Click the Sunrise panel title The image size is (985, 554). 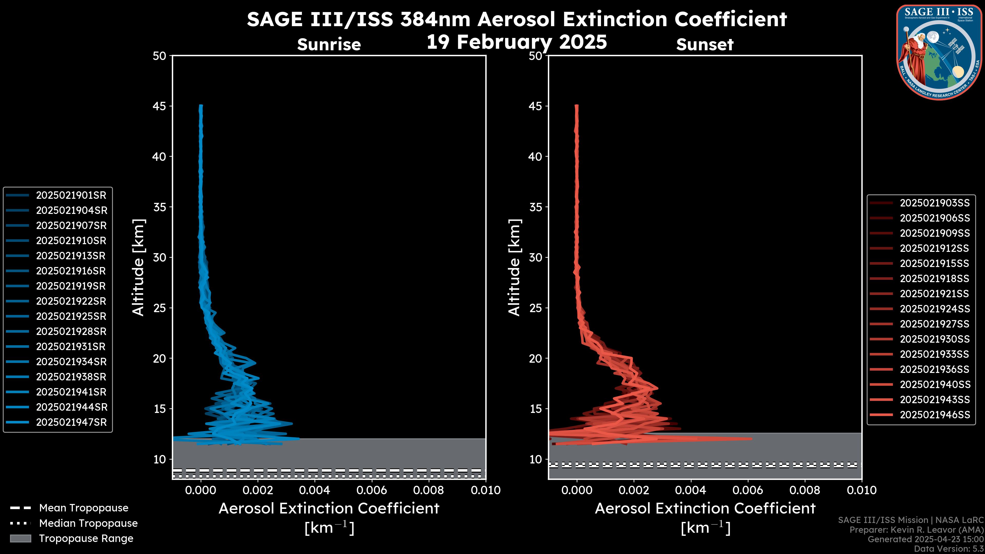pos(329,44)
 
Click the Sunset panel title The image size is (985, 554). pos(705,44)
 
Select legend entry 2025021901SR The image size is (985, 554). pos(71,195)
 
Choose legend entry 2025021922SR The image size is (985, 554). pos(71,301)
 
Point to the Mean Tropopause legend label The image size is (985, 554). pos(84,508)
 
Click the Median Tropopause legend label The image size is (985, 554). pos(88,523)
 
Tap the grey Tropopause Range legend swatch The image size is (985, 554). pos(21,539)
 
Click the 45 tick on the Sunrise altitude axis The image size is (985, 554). pos(160,106)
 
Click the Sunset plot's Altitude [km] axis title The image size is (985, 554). pos(514,268)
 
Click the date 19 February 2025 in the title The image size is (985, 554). pos(517,42)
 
